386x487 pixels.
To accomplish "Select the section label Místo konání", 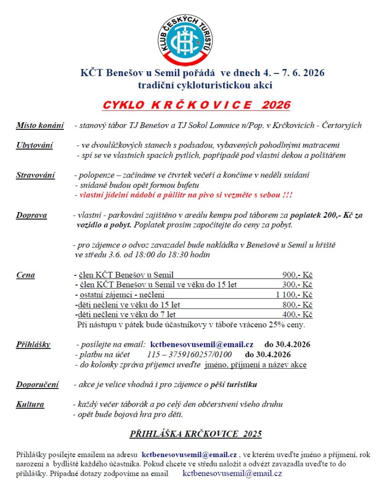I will pos(40,126).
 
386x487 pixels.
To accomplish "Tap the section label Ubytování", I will pos(35,145).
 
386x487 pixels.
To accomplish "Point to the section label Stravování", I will pos(36,175).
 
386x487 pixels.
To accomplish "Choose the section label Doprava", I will pos(31,215).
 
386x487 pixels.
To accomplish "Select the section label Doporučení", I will pos(38,384).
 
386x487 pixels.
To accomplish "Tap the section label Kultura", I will pos(30,405).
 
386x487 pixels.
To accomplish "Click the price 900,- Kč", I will pos(297,275).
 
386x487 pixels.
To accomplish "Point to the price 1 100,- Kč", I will pos(294,295).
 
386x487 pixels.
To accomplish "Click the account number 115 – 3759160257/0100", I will pos(190,355).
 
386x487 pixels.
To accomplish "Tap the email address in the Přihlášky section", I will pos(202,344).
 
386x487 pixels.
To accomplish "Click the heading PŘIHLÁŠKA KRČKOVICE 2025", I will pos(196,434).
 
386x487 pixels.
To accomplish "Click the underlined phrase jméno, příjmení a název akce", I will pos(256,365).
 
